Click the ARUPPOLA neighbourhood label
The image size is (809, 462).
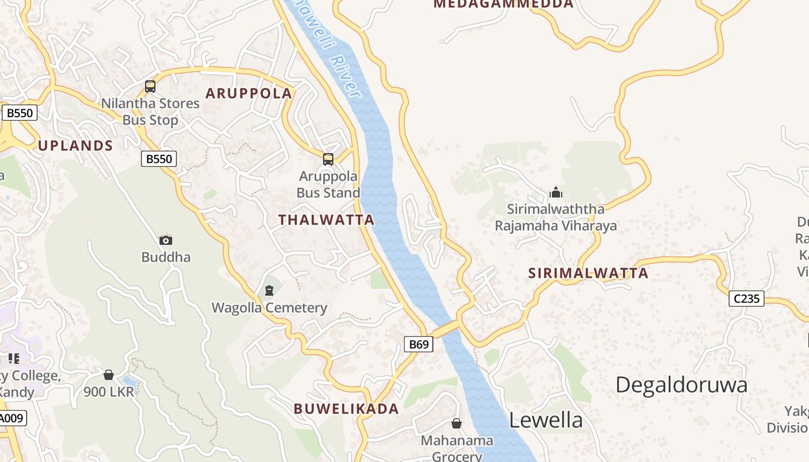[249, 94]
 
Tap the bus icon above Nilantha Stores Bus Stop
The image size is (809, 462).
[150, 87]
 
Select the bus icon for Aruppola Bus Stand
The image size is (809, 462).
[328, 159]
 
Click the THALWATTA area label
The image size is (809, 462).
[326, 220]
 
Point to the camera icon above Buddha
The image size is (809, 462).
[166, 240]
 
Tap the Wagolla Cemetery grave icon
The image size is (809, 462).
[269, 290]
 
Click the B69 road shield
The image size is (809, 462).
[418, 345]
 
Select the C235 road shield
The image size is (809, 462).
[746, 299]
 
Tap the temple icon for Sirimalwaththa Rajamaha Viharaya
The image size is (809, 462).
[556, 192]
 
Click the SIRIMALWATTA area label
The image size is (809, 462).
[588, 274]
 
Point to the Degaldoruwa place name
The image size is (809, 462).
[681, 385]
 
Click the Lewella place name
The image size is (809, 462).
[545, 420]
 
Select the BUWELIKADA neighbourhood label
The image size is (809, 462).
[346, 409]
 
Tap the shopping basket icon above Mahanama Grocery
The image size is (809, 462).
[457, 424]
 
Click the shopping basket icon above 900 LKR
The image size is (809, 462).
[109, 375]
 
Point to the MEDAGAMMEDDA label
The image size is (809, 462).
[503, 4]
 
